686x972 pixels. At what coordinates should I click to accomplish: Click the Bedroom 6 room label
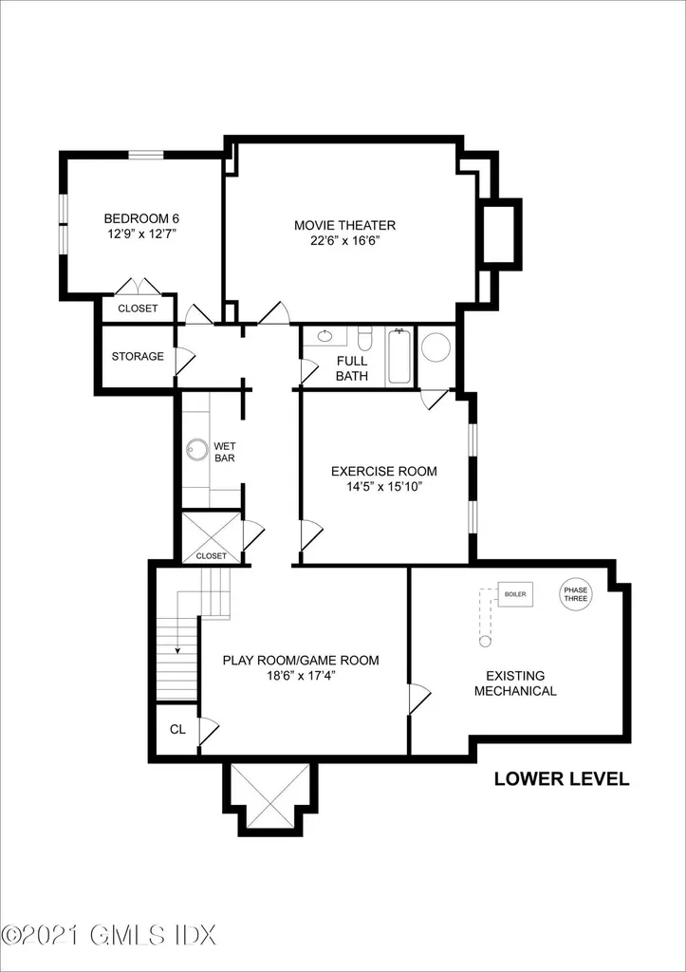tap(142, 218)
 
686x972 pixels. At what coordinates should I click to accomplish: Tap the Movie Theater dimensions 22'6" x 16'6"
tap(345, 240)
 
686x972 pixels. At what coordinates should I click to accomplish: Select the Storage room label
tap(138, 357)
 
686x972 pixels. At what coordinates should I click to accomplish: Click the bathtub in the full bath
tap(399, 357)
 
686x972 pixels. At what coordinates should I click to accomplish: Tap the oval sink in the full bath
tap(324, 336)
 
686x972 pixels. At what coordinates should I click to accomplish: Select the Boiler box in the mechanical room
tap(515, 594)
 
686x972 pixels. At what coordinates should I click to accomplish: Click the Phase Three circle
tap(576, 594)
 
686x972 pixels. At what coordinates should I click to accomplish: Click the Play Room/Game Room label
tap(301, 661)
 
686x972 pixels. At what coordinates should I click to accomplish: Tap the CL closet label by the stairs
tap(177, 730)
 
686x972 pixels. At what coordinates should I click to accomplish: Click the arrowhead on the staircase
tap(177, 650)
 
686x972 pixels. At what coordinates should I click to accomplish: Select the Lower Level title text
tap(562, 779)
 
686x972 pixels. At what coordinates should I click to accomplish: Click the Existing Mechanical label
tap(515, 683)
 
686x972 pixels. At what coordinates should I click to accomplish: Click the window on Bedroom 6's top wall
tap(145, 155)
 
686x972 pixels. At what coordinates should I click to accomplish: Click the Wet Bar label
tap(224, 452)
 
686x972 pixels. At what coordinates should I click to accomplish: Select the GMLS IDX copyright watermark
tap(108, 952)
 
